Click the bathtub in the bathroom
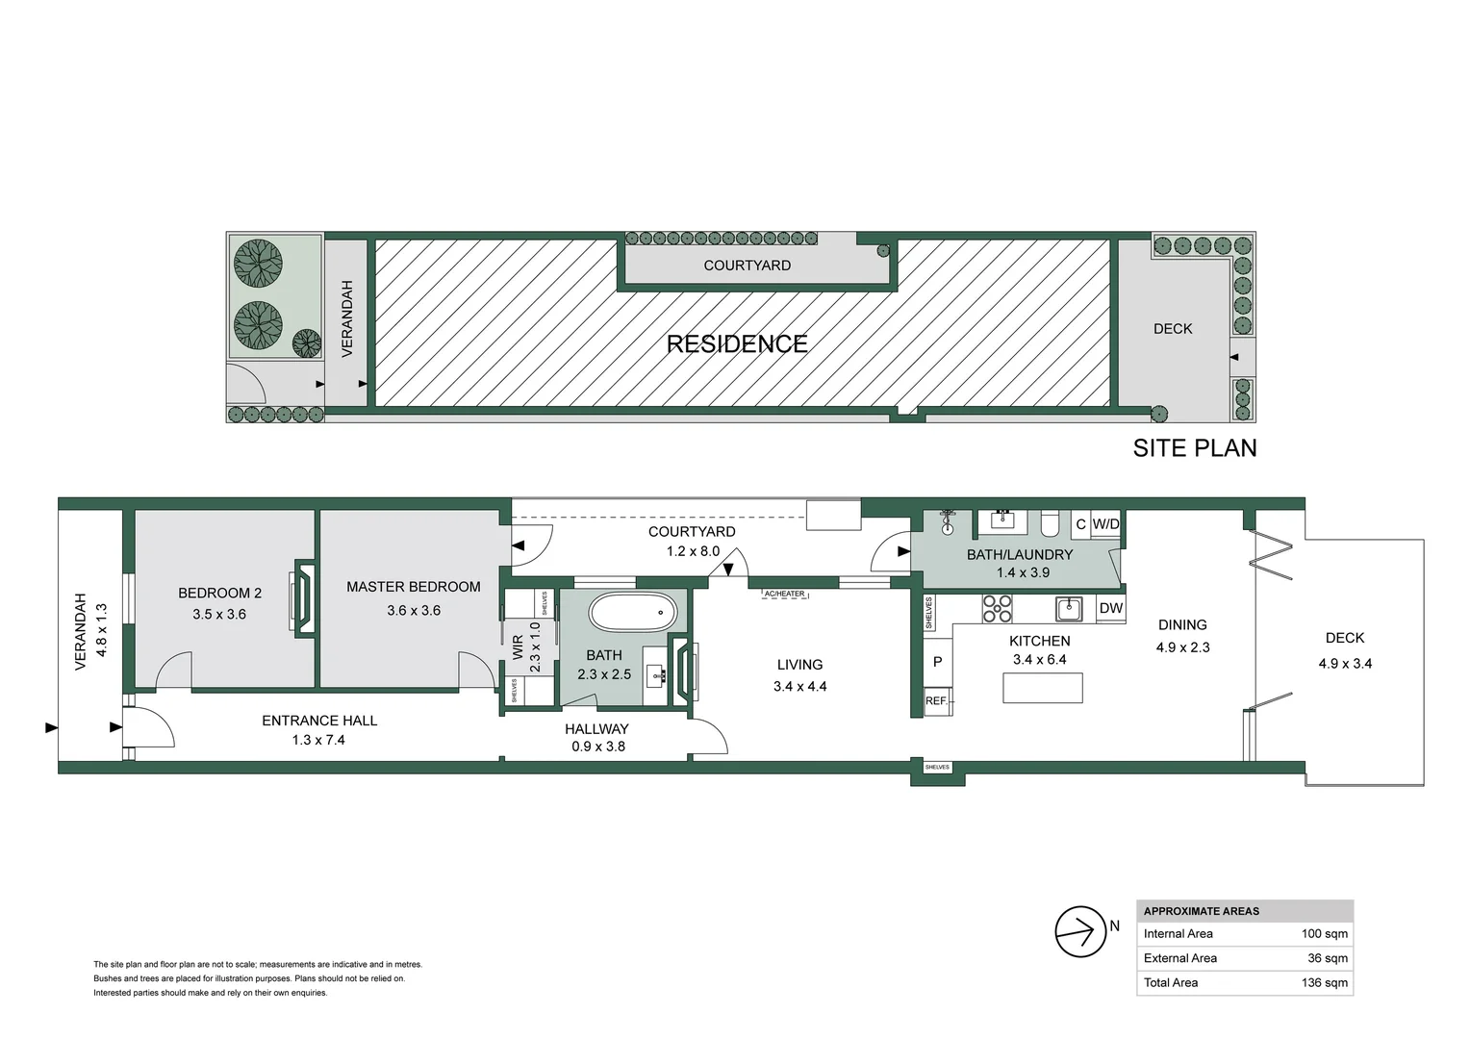(x=633, y=613)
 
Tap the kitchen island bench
(x=1042, y=688)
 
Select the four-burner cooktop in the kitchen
(x=997, y=609)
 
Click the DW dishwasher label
(x=1110, y=608)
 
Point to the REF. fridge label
(x=936, y=701)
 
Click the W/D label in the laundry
(x=1105, y=524)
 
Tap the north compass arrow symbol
(x=1080, y=931)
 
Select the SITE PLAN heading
(x=1194, y=448)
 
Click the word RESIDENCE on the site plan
(x=737, y=344)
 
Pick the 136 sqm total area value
(x=1326, y=982)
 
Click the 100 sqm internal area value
(x=1324, y=933)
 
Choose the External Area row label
(x=1179, y=958)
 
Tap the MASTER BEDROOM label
(x=413, y=587)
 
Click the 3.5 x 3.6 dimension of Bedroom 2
(x=219, y=614)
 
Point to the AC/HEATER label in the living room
(x=784, y=595)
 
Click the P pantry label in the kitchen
(x=937, y=662)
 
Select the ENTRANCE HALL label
(x=319, y=721)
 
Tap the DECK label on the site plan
(x=1172, y=329)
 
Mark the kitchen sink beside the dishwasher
(x=1068, y=608)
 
